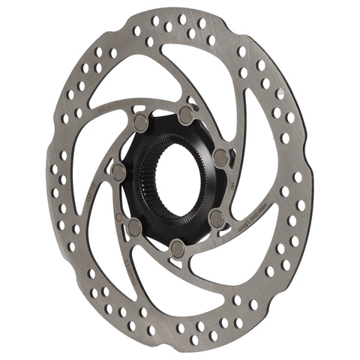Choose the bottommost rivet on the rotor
[x=175, y=246]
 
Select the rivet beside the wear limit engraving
[x=216, y=217]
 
